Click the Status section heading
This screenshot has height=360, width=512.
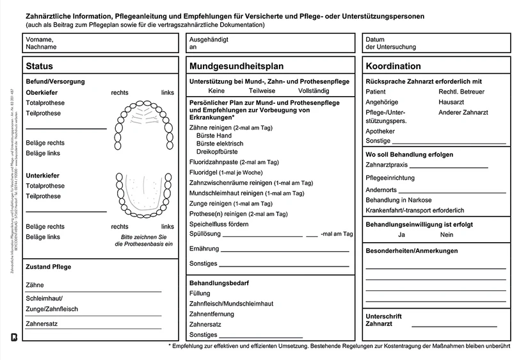40,66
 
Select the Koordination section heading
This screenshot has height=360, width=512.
393,66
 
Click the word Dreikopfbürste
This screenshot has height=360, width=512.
220,152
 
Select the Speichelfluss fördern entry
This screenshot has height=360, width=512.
219,224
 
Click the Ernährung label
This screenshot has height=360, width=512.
205,248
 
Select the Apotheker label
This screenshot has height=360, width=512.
380,131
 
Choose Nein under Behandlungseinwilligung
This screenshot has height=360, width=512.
447,235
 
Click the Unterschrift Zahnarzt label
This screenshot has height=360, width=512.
383,320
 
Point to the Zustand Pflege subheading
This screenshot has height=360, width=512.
48,266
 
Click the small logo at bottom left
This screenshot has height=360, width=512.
14,337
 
